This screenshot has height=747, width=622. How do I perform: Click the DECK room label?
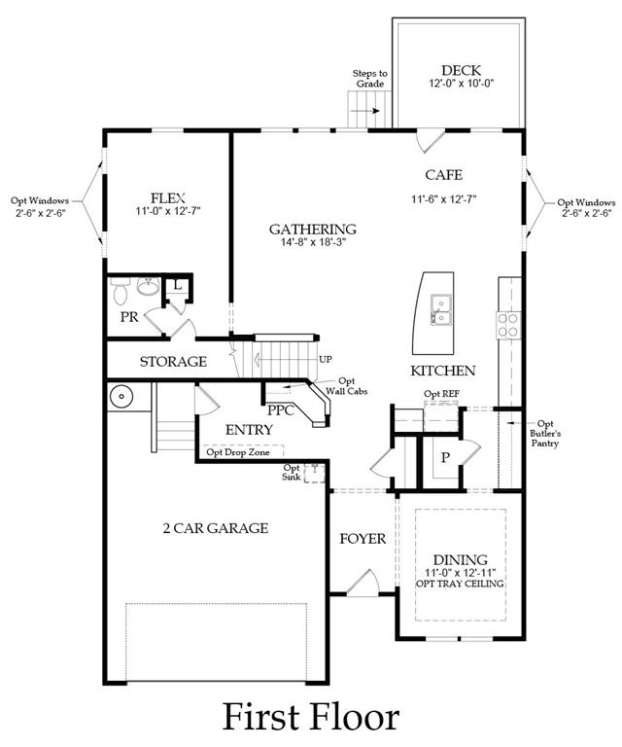(461, 70)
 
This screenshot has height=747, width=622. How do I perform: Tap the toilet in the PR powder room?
(120, 291)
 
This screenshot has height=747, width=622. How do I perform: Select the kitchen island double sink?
(441, 309)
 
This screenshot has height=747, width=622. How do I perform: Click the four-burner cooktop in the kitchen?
(508, 325)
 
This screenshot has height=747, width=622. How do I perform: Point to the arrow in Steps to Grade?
(368, 111)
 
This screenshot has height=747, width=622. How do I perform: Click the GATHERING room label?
(313, 230)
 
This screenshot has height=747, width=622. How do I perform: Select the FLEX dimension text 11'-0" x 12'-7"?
(167, 211)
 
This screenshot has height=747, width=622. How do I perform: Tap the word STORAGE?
(173, 362)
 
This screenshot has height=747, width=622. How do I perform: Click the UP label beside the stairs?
(325, 359)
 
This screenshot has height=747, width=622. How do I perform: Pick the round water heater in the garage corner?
(122, 397)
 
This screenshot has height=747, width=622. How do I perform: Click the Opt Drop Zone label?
(238, 452)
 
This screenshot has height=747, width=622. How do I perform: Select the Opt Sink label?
(292, 472)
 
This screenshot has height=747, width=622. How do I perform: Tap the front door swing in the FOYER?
(363, 583)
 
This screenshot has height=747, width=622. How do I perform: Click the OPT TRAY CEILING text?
(460, 584)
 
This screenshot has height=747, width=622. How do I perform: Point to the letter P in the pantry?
(445, 458)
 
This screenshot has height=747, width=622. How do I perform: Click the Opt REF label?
(441, 394)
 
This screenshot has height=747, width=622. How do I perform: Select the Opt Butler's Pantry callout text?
(545, 434)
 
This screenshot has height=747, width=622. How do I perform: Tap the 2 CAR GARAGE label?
(216, 528)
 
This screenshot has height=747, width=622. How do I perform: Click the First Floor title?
(311, 717)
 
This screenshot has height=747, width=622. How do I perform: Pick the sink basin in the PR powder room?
(148, 286)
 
